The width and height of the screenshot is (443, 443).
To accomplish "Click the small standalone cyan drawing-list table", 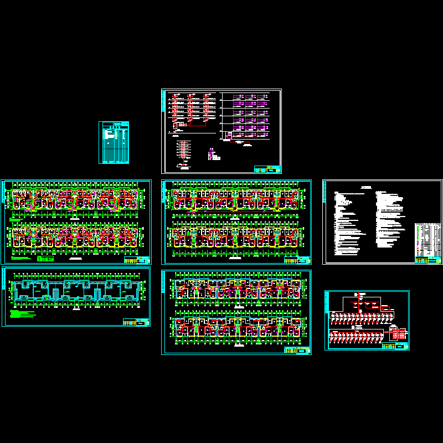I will click(x=114, y=142).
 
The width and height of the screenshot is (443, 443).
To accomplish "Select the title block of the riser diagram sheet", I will click(x=267, y=169).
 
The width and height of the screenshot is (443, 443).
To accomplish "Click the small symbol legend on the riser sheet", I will click(x=213, y=156).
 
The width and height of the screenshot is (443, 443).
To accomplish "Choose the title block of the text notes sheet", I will click(x=428, y=259).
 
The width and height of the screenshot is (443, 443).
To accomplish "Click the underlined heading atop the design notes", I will click(x=365, y=188).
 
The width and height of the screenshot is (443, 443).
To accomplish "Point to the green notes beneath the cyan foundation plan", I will click(x=22, y=314).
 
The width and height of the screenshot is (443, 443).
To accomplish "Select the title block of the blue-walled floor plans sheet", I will click(x=297, y=350).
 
